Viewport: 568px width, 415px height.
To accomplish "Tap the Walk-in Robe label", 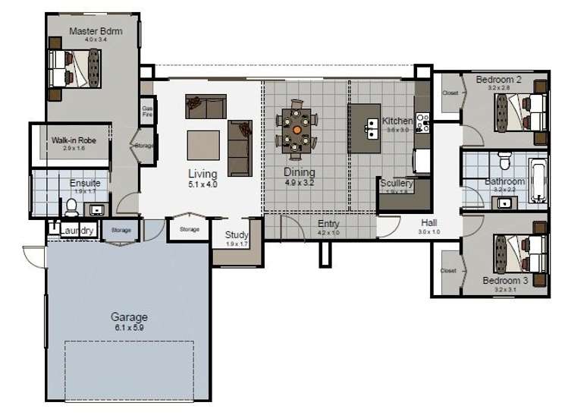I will [73, 140].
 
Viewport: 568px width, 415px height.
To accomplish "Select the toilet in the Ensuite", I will [72, 206].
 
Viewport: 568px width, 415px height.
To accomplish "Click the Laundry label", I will [78, 231].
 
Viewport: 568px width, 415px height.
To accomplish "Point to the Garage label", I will [129, 317].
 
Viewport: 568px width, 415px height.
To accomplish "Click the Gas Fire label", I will [147, 112].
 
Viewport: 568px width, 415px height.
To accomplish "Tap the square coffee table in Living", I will [203, 145].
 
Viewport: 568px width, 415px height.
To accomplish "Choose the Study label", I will [237, 235].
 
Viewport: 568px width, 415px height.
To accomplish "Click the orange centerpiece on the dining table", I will [297, 130].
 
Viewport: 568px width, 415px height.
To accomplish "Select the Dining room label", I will [300, 172].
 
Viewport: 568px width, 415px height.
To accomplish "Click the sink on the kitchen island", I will [372, 125].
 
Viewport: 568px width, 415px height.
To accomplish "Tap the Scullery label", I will [396, 184].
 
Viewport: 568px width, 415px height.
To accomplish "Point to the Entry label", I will [328, 224].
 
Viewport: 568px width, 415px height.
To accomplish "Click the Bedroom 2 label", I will [498, 79].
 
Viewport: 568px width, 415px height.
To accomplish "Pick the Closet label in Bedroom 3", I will [449, 270].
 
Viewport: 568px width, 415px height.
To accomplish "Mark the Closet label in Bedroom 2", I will [450, 93].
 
